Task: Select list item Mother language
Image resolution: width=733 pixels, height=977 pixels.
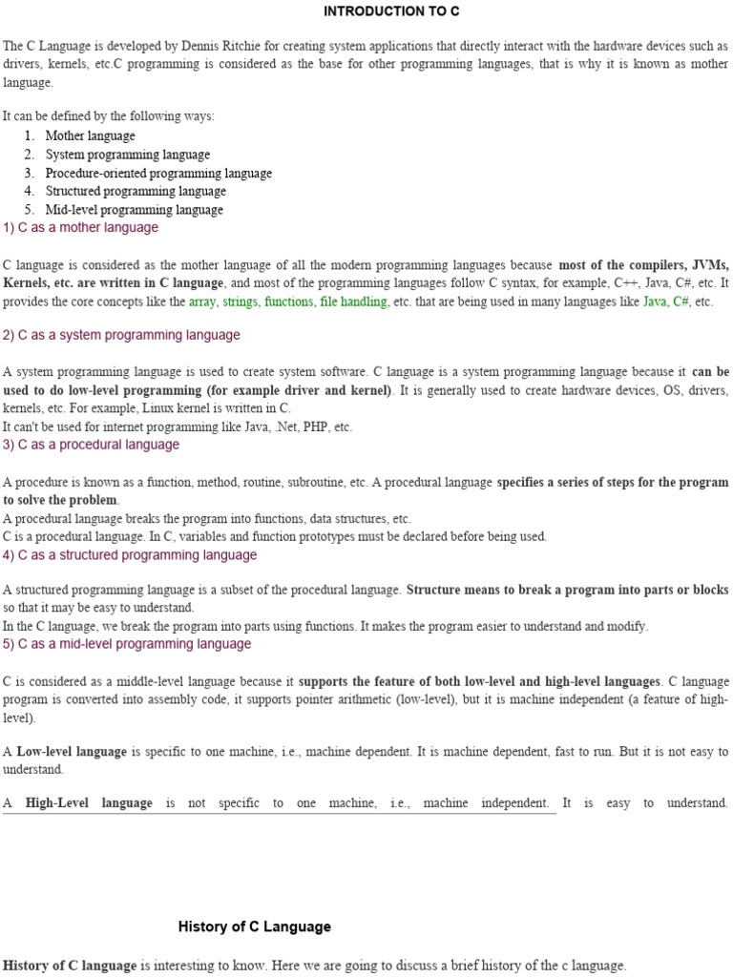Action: tap(90, 135)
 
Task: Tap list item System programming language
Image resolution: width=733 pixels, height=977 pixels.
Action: tap(127, 155)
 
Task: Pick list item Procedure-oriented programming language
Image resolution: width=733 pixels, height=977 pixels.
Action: tap(158, 173)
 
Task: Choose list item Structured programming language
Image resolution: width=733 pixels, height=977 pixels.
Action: tap(136, 191)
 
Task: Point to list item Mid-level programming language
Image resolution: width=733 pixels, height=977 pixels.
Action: tap(134, 210)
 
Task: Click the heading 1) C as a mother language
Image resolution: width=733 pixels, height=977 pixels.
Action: tap(81, 228)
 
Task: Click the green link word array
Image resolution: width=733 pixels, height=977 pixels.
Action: tap(202, 301)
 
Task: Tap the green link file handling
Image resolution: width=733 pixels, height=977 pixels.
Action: tap(353, 301)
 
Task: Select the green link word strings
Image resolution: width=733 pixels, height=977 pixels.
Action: tap(241, 301)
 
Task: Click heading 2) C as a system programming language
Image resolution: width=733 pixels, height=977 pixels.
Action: tap(121, 335)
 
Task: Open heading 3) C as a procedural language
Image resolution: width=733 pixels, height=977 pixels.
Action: tap(91, 445)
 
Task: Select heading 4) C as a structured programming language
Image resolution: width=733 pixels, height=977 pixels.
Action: tap(130, 555)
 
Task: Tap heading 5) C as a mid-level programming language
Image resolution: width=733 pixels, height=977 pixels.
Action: tap(127, 644)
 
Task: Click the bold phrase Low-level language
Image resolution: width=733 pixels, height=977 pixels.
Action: tap(72, 752)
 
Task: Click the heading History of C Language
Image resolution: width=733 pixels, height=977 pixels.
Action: tap(254, 926)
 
